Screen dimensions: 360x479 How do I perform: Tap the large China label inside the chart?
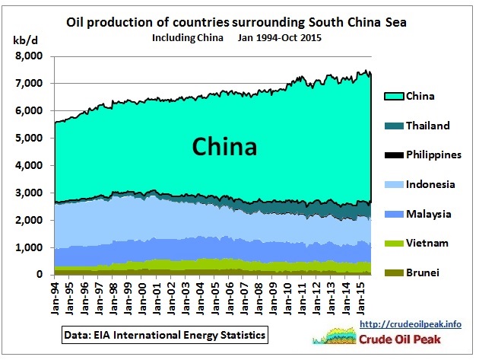pyautogui.click(x=224, y=145)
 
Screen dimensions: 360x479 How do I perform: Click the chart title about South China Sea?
pyautogui.click(x=236, y=22)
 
